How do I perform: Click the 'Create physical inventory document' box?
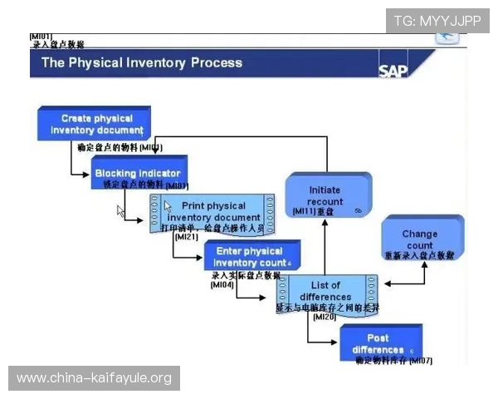click(95, 124)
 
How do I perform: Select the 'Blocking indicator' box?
click(139, 173)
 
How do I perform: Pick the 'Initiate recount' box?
click(325, 196)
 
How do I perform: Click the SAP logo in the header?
click(393, 70)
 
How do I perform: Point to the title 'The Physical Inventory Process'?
click(142, 62)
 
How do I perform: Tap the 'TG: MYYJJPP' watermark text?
click(437, 20)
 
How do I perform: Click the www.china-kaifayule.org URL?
click(95, 379)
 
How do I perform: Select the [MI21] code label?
click(186, 237)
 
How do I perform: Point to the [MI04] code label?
click(222, 284)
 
